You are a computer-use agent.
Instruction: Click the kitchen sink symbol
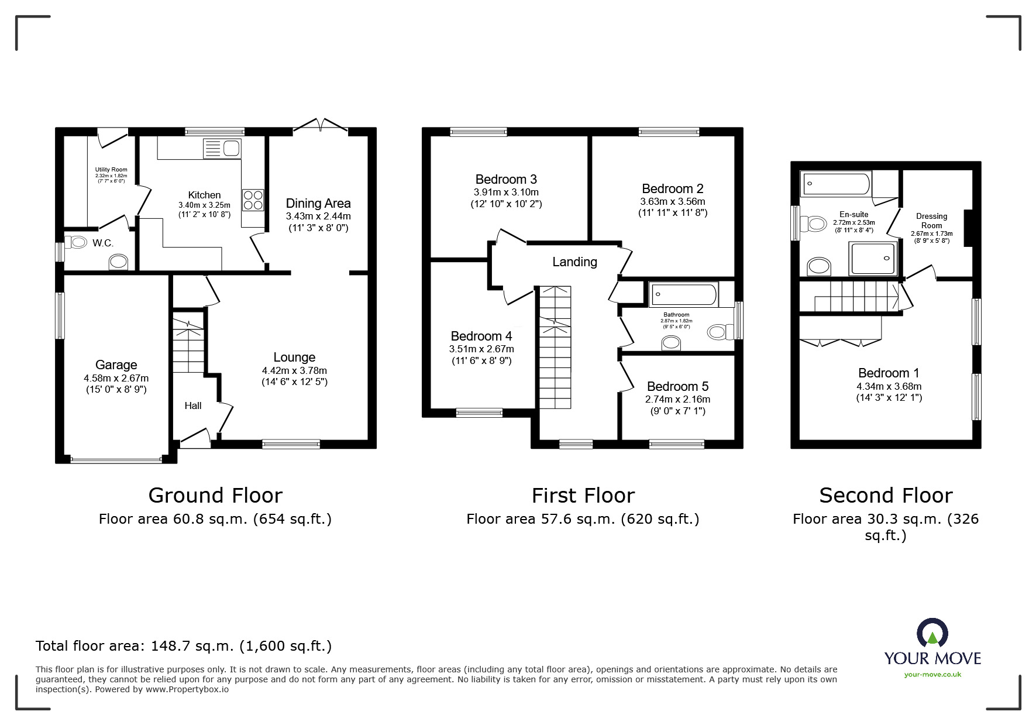(x=222, y=149)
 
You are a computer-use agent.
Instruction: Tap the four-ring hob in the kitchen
(x=253, y=200)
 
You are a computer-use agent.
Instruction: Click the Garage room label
(x=116, y=365)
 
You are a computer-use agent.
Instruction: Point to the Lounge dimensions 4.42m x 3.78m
(x=294, y=370)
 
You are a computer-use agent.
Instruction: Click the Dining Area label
(x=318, y=203)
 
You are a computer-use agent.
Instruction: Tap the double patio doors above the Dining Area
(x=320, y=125)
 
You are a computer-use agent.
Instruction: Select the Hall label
(x=193, y=406)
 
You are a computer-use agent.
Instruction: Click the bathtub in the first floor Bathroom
(x=683, y=295)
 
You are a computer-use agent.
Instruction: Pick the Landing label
(x=574, y=262)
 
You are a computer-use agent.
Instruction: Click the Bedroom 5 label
(x=677, y=386)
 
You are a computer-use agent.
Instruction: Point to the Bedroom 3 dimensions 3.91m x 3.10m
(x=506, y=192)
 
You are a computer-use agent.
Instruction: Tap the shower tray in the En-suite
(x=873, y=258)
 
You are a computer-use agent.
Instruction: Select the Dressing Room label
(x=931, y=221)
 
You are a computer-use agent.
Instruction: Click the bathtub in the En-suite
(x=835, y=184)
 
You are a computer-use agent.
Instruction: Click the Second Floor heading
(x=885, y=496)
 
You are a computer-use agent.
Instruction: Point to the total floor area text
(x=184, y=646)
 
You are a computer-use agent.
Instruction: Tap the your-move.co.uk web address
(x=932, y=675)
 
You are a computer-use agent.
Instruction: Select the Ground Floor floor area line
(x=215, y=519)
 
